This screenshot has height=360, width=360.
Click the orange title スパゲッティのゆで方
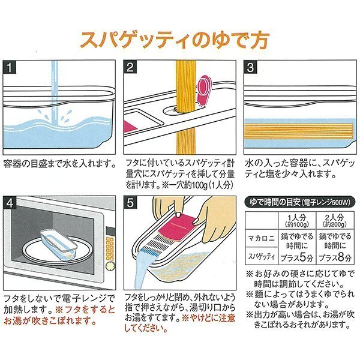point(175,40)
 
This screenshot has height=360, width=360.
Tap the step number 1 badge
point(10,67)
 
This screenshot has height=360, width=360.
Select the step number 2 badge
point(130,67)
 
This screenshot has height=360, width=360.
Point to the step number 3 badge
point(250,67)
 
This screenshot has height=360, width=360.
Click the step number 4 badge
point(10,203)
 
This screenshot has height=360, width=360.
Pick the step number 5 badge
point(130,203)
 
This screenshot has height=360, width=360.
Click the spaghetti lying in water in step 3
point(298,131)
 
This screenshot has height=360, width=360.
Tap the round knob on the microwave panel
point(110,266)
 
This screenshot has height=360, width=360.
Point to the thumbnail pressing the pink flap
point(178,214)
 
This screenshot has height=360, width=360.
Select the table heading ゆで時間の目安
point(275,202)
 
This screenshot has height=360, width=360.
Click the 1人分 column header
point(297,220)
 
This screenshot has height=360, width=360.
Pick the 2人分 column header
point(335,220)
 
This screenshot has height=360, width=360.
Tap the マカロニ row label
point(261,238)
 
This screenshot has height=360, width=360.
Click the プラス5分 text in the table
point(297,258)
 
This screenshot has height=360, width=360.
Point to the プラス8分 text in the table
point(335,258)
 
